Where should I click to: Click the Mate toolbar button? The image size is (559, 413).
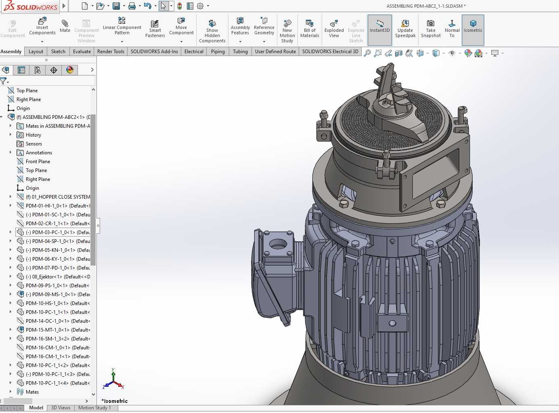65,26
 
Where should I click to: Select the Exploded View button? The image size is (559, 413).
334,29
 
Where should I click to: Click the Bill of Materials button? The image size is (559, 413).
310,29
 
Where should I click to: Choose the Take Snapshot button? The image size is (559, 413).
431,29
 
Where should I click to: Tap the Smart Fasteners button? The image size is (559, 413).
155,29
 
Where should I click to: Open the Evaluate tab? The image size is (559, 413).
82,52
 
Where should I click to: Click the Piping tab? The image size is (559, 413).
218,52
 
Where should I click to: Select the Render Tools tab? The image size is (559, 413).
111,52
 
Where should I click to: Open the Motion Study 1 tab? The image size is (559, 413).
94,408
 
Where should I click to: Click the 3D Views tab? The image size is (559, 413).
61,408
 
